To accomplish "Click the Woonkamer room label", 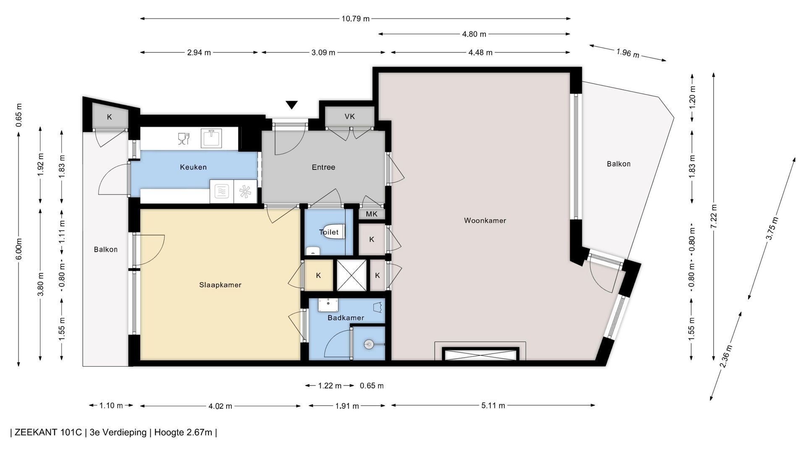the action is [x=485, y=221].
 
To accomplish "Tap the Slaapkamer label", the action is [x=220, y=285].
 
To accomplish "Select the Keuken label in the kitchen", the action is [x=193, y=167].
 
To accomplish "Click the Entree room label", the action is [x=323, y=167].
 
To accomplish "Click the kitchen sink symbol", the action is [x=212, y=138].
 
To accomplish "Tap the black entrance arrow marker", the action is [x=292, y=105].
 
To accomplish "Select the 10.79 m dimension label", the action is [x=356, y=18].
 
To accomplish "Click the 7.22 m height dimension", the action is [x=714, y=217].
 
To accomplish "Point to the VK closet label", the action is [x=350, y=117].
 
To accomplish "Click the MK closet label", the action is [x=372, y=214].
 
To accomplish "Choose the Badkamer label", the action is [x=346, y=318].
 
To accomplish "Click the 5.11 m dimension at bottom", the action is [x=493, y=406].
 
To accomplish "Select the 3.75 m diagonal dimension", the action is [x=772, y=229].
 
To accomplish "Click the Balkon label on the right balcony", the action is [x=618, y=164].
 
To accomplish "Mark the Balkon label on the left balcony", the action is [x=105, y=250].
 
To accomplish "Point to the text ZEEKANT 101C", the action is [x=48, y=432].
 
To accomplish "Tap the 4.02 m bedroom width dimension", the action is [x=220, y=406].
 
